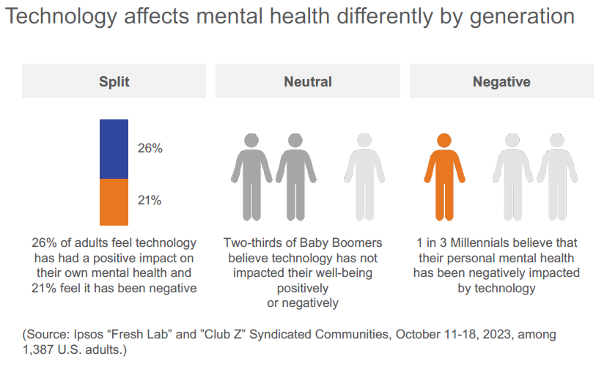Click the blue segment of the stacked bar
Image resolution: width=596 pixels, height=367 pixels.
click(x=114, y=149)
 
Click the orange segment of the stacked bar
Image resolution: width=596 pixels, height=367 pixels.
click(x=114, y=201)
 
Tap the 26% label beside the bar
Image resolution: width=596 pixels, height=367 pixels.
click(x=150, y=148)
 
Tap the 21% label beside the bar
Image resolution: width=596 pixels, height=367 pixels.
click(x=150, y=200)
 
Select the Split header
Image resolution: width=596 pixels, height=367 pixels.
click(x=114, y=81)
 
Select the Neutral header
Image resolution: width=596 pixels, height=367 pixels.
click(x=308, y=81)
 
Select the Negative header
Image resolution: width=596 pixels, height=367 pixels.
click(x=501, y=81)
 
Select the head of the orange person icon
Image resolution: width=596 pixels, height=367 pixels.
click(x=444, y=141)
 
